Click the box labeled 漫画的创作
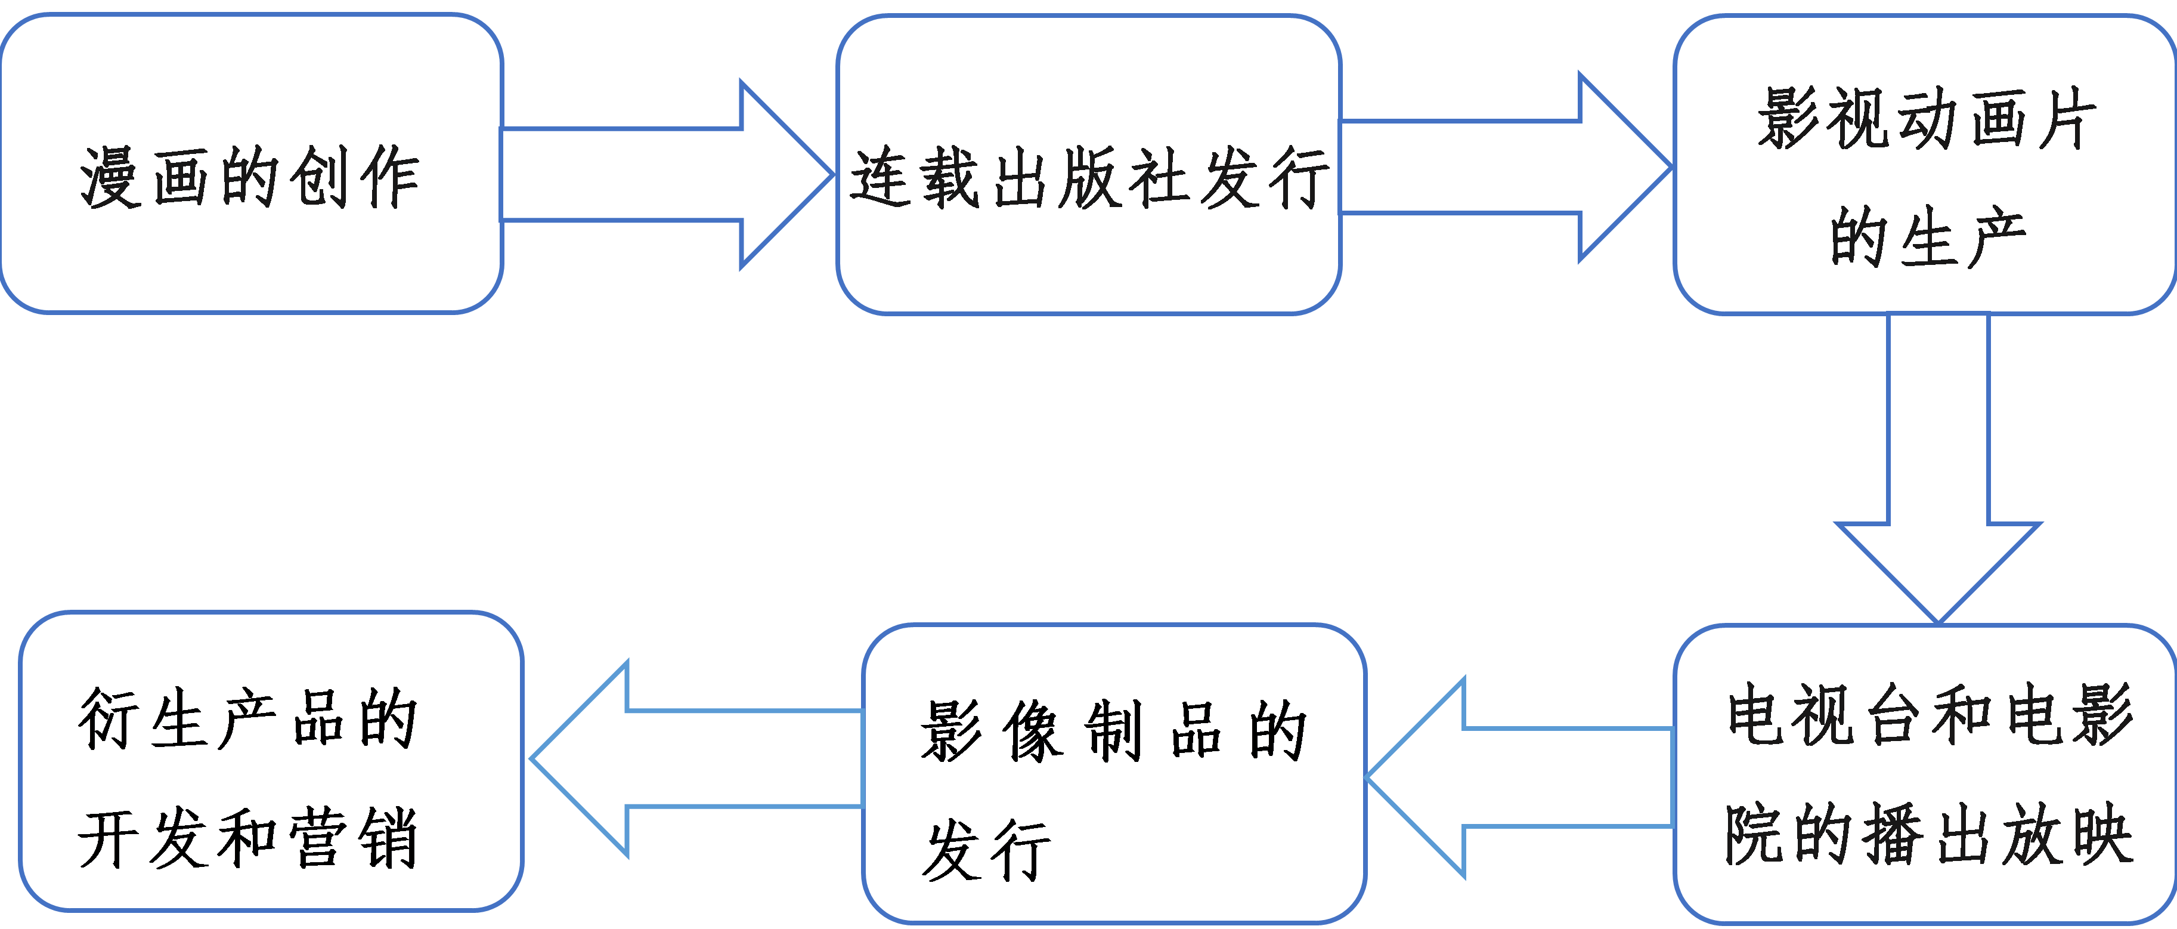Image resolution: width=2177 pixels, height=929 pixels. click(251, 254)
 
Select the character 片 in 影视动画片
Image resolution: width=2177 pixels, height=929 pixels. click(2066, 118)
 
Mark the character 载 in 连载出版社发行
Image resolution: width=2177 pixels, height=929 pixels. click(950, 178)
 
